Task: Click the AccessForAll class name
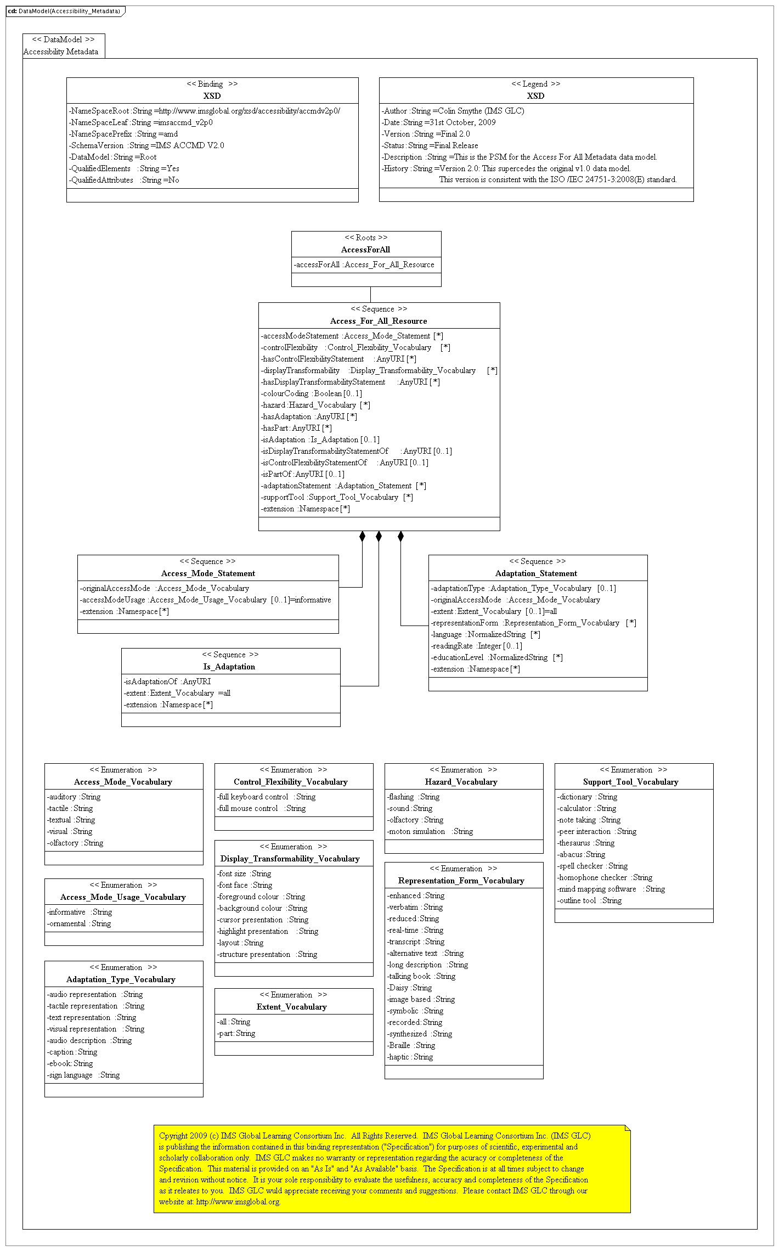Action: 365,250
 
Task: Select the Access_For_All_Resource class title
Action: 379,321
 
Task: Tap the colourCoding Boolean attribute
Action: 311,393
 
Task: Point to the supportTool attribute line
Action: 337,497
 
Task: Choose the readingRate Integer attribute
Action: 476,646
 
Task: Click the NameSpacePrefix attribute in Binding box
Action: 123,134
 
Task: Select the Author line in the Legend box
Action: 453,111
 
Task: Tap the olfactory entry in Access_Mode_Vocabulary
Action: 75,843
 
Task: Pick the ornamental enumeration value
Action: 79,923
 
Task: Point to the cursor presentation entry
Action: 263,920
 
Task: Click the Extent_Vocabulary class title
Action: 291,1007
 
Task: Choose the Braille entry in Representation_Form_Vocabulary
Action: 411,1045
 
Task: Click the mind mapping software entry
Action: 611,889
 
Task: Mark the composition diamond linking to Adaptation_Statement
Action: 400,536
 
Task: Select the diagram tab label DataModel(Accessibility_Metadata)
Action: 69,11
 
